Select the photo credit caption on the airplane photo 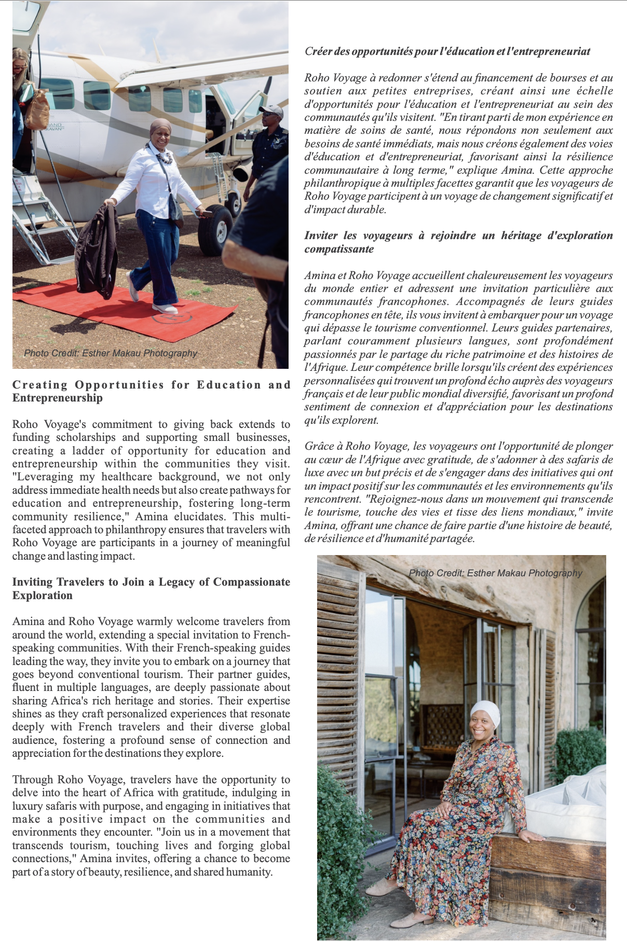pos(111,353)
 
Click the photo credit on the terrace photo pos(495,573)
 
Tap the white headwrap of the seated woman pos(485,713)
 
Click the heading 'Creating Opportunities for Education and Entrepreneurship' pos(151,391)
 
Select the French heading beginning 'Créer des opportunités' pos(447,51)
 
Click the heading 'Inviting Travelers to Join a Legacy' pos(151,588)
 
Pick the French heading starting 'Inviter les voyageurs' pos(458,242)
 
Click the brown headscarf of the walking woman pos(160,127)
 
